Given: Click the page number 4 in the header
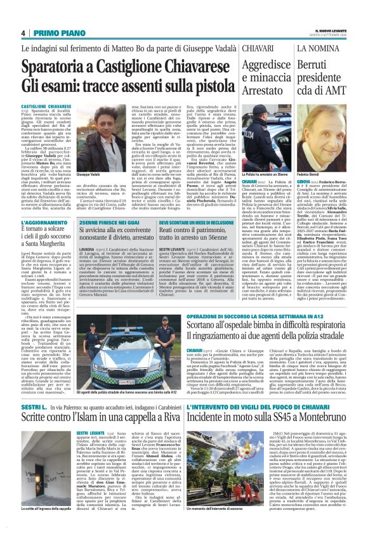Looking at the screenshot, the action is point(22,33).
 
